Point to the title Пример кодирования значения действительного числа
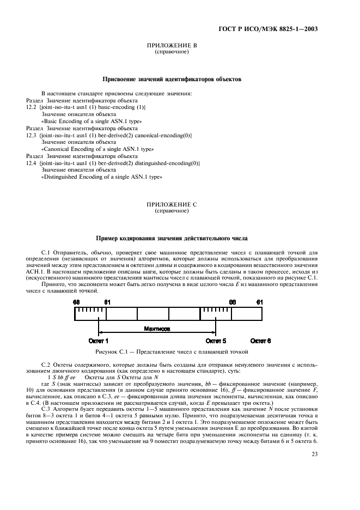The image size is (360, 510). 172,238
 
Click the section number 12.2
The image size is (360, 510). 31,108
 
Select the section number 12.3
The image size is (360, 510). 31,135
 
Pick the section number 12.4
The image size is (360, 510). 31,163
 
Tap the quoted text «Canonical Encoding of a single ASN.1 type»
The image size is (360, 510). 98,149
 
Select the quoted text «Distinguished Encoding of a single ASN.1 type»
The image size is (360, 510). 102,177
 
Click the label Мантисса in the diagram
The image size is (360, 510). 157,330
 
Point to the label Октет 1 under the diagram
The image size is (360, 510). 98,341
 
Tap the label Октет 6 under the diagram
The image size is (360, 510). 260,341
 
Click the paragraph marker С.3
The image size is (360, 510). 46,393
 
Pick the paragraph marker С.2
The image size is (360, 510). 46,363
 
